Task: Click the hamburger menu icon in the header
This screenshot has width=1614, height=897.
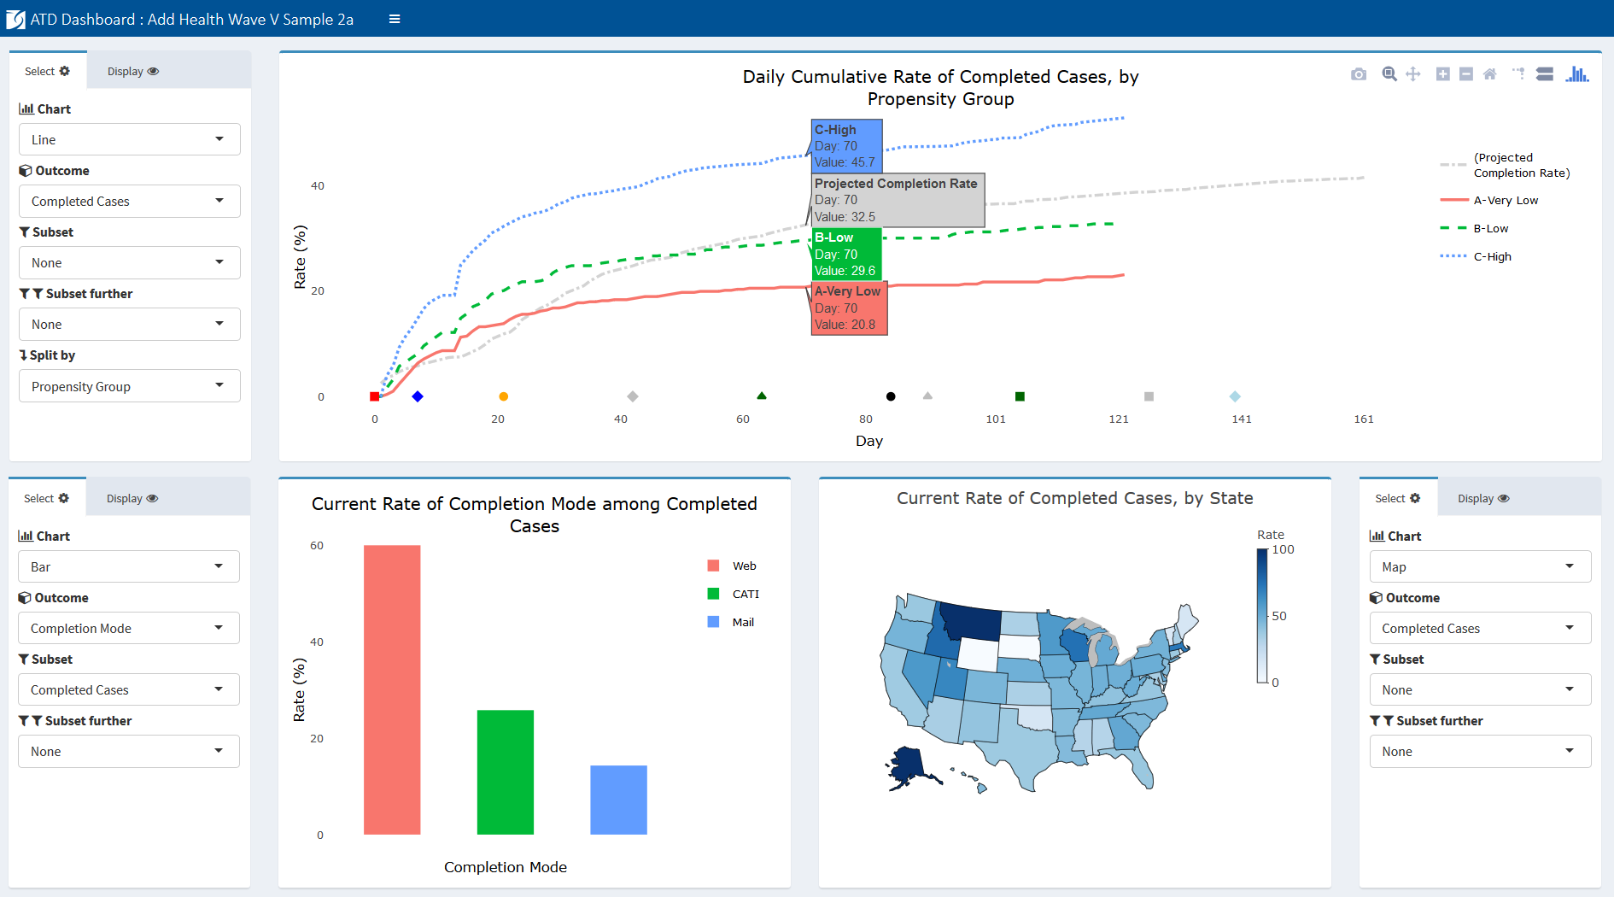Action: coord(395,19)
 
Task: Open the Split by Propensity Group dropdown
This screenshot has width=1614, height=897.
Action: coord(129,386)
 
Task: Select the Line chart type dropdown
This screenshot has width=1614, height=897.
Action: coord(129,140)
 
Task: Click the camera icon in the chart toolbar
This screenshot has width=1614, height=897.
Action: coord(1359,74)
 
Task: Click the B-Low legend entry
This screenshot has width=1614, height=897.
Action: coord(1490,228)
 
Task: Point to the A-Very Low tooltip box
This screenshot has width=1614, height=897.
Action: coord(849,308)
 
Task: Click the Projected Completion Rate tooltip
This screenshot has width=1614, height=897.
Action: coord(897,200)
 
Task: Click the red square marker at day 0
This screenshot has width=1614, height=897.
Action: coord(374,396)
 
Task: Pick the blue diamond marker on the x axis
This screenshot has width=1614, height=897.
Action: coord(418,396)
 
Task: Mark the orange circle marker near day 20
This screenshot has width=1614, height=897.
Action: coord(504,396)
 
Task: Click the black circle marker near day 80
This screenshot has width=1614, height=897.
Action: coord(891,396)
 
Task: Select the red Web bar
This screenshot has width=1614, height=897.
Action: coord(392,689)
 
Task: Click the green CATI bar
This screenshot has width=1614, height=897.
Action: coord(506,771)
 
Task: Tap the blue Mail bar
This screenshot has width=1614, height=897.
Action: coord(618,800)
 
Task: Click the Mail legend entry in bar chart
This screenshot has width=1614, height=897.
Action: coord(742,622)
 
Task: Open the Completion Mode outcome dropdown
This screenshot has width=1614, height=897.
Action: coord(128,629)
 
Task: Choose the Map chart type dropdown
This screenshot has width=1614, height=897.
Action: coord(1480,567)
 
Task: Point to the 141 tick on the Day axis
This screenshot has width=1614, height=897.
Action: coord(1242,419)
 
